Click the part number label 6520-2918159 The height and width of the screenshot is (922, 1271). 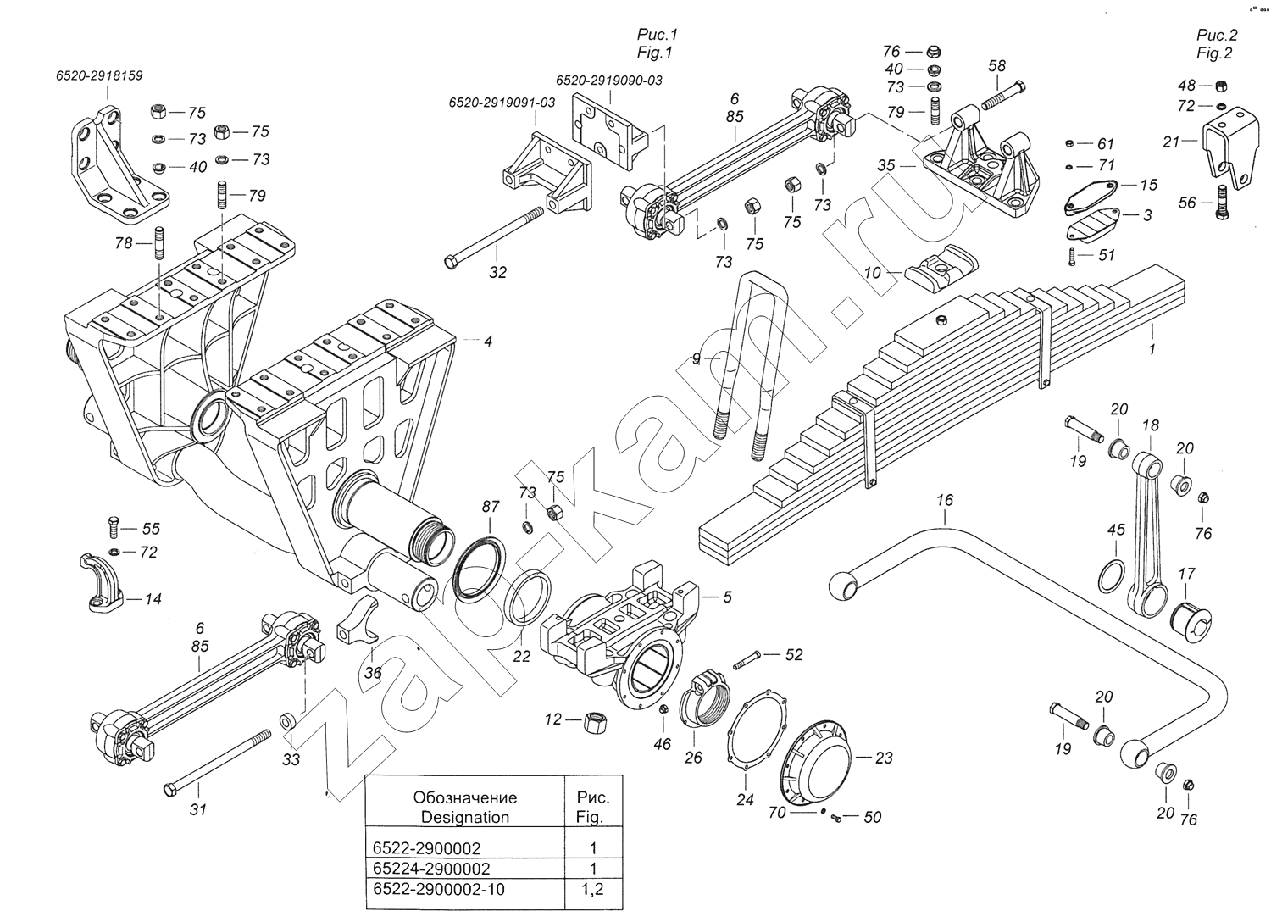[x=99, y=75]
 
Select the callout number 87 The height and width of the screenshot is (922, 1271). [x=491, y=507]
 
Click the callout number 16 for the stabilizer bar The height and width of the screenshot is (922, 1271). [x=945, y=500]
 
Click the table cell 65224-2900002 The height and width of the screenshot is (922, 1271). [x=431, y=869]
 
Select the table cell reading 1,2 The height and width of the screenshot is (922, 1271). [x=593, y=890]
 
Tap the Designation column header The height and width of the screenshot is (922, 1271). [x=465, y=807]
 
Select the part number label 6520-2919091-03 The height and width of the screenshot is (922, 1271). [x=502, y=103]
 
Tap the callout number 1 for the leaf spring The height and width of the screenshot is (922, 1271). [x=1152, y=348]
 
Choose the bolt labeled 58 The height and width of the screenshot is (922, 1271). [x=1003, y=94]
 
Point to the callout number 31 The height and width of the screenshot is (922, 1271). [x=197, y=809]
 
